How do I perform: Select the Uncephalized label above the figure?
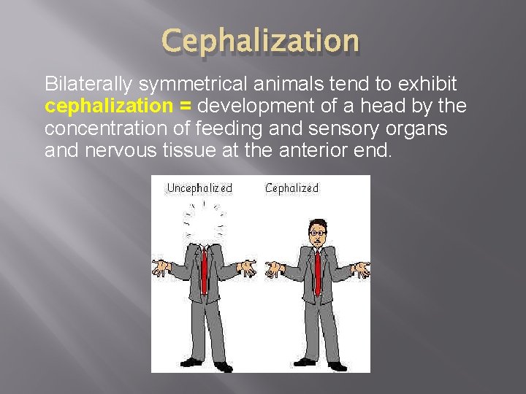click(x=199, y=189)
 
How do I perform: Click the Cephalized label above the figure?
click(x=291, y=189)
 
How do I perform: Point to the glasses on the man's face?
click(x=318, y=233)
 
